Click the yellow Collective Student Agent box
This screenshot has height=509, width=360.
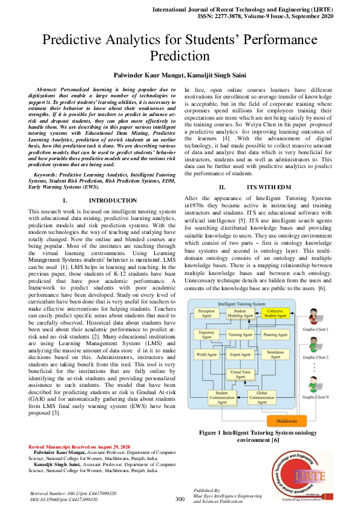[x=276, y=314]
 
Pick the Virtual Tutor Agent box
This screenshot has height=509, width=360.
[x=240, y=375]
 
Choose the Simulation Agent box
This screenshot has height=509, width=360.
[x=275, y=355]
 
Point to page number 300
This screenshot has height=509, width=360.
[x=180, y=499]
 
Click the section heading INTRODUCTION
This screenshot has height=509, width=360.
[x=113, y=200]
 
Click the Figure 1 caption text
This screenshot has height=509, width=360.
[x=258, y=436]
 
